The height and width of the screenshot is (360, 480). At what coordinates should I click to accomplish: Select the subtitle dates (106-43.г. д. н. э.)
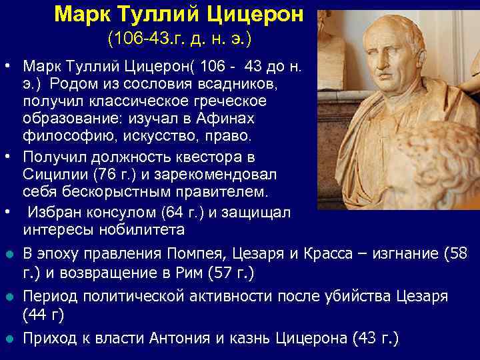[179, 39]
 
